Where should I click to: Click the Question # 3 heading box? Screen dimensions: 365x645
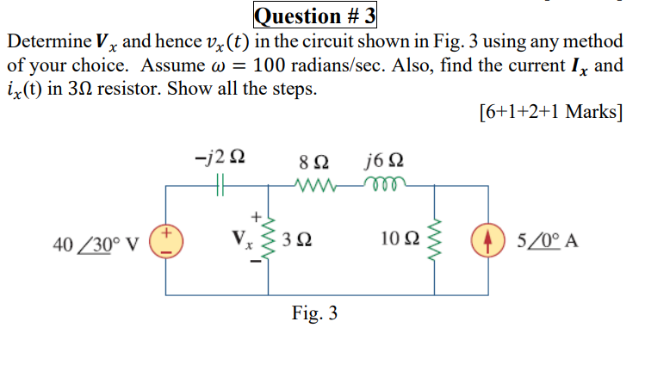316,15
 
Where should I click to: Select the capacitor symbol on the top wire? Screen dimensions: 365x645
221,183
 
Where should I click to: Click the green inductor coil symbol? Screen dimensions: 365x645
381,182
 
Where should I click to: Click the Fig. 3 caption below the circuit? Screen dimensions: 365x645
313,313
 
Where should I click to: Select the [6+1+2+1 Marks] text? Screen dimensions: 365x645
549,113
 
